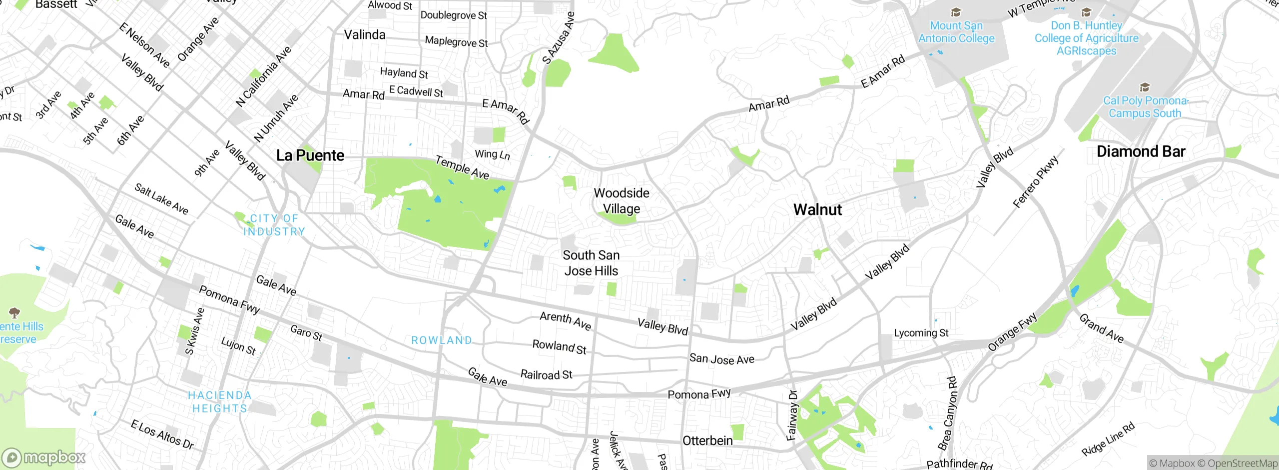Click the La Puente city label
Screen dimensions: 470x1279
click(310, 155)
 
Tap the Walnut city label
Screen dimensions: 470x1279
click(817, 209)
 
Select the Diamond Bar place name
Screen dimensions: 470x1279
click(1141, 151)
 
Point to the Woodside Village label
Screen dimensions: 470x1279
click(622, 201)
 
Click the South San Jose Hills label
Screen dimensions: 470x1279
click(591, 263)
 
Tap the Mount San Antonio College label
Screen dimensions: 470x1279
click(956, 32)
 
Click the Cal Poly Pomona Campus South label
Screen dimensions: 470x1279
click(1145, 107)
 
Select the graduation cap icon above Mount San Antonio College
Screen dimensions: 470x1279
click(956, 12)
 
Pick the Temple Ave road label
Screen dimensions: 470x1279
click(462, 167)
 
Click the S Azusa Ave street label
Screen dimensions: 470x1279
click(559, 38)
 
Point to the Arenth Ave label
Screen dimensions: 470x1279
click(566, 320)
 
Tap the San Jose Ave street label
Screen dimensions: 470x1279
click(721, 358)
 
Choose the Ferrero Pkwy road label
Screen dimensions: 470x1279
click(1036, 182)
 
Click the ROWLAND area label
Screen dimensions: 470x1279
click(442, 340)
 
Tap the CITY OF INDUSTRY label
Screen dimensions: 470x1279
click(274, 225)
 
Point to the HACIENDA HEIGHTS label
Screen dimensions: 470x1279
click(220, 402)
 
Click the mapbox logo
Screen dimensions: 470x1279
click(44, 457)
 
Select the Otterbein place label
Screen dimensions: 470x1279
click(707, 440)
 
